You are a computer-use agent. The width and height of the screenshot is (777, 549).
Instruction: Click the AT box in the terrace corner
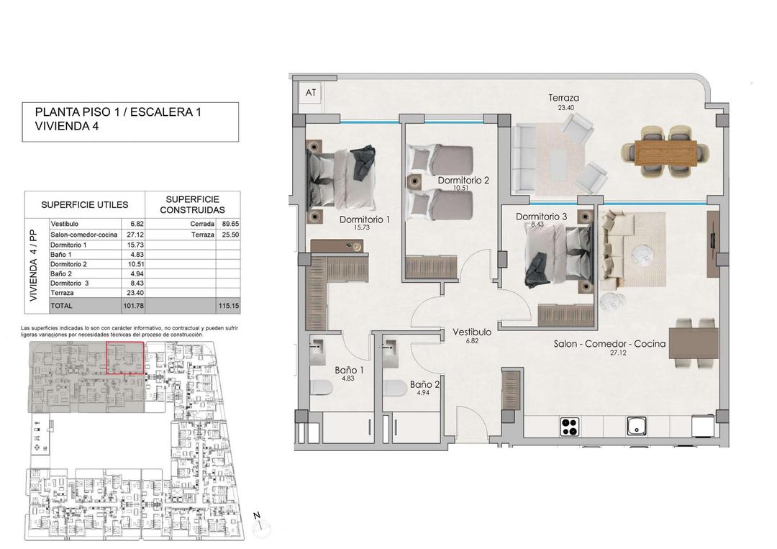[x=311, y=92]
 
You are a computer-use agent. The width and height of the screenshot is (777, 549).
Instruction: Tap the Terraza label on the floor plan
[x=563, y=99]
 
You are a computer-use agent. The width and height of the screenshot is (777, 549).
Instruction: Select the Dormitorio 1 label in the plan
[x=364, y=219]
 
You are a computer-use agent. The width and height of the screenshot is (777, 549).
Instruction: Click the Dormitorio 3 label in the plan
[x=541, y=216]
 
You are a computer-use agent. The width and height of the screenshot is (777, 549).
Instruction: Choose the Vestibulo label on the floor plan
[x=471, y=332]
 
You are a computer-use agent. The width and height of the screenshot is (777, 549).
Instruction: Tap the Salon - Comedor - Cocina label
[x=609, y=344]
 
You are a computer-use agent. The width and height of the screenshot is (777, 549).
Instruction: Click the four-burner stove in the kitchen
[x=570, y=427]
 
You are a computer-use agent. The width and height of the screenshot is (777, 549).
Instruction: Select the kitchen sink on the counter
[x=636, y=427]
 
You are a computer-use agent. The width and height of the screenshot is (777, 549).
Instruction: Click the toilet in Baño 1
[x=322, y=389]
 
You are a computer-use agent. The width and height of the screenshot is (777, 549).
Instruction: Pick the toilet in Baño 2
[x=394, y=389]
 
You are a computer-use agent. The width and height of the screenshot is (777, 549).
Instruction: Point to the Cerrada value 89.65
[x=227, y=224]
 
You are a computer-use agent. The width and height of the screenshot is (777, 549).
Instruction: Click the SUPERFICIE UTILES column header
[x=85, y=204]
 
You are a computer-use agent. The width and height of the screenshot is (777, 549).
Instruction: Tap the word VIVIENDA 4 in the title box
[x=65, y=126]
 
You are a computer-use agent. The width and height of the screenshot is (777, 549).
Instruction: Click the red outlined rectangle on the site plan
[x=125, y=359]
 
